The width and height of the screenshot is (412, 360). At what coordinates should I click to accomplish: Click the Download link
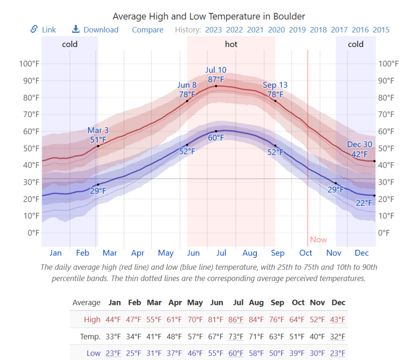pos(95,30)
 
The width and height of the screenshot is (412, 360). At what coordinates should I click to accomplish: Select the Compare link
pos(147,30)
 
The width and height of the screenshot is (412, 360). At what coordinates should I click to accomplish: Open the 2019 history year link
pos(297,30)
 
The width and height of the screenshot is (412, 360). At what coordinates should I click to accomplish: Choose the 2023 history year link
pos(213,30)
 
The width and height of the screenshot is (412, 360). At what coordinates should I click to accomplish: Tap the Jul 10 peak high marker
pos(216,86)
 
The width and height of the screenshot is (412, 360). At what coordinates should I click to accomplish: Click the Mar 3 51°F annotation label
pos(98,135)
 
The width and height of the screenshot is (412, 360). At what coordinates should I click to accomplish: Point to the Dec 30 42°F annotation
pos(359,149)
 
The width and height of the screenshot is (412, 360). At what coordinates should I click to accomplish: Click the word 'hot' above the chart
pos(231,44)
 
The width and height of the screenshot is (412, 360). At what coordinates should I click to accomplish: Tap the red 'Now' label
pos(318,240)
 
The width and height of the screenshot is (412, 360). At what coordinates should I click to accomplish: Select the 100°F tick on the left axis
pos(29,64)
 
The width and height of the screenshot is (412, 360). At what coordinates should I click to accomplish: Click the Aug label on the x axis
pos(250,253)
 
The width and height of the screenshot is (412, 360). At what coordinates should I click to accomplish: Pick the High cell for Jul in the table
pos(236,320)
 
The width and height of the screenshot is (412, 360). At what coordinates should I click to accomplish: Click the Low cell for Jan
pos(113,353)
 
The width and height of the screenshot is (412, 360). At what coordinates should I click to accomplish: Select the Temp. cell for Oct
pos(298,336)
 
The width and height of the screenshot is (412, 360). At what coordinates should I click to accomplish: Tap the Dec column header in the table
pos(338,303)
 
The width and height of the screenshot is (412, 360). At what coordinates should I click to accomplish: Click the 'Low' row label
pos(93,353)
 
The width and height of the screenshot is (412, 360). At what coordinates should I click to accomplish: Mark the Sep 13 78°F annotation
pos(275,90)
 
